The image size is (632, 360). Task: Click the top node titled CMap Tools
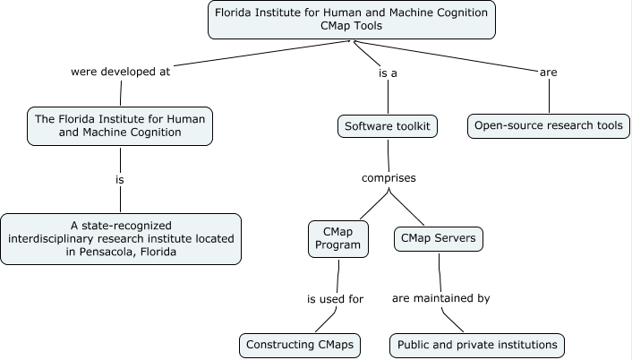[x=352, y=20]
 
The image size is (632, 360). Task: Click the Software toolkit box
[x=388, y=126]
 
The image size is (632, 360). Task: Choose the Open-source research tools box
[x=548, y=126]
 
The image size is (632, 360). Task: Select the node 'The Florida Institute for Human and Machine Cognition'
[x=120, y=125]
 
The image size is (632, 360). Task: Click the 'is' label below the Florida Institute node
[x=119, y=179]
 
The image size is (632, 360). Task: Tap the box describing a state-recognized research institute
[x=120, y=238]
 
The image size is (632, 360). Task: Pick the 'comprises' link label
[x=388, y=177]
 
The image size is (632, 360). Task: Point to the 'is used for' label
[x=335, y=299]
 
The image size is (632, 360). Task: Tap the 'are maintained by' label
[x=441, y=299]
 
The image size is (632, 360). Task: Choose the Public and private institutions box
[x=477, y=344]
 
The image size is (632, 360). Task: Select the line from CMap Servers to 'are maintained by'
[x=440, y=270]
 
